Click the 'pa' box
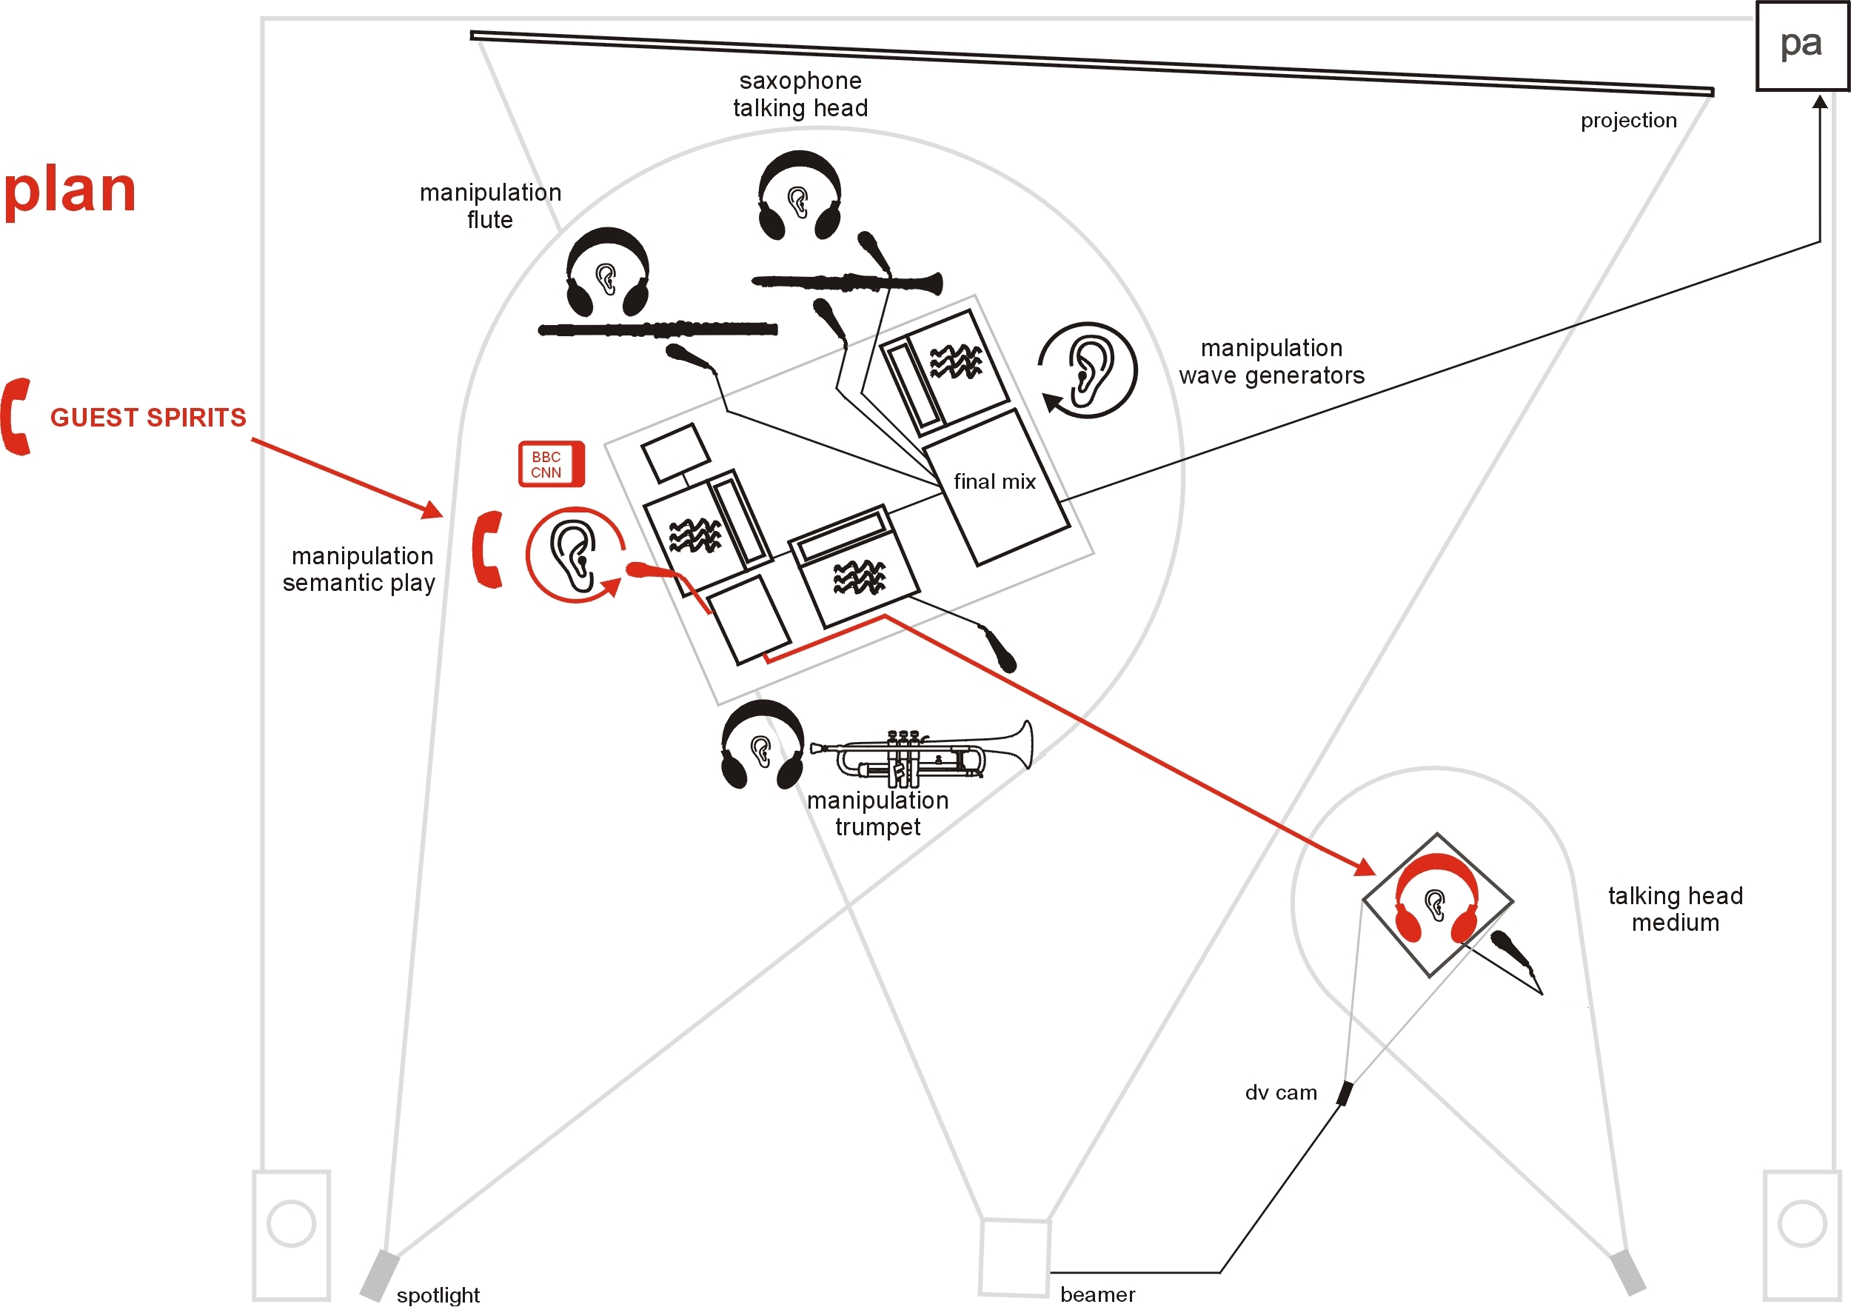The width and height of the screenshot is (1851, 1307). point(1802,45)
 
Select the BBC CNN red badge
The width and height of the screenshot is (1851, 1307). point(551,464)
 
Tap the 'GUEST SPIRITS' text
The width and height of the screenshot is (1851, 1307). point(148,418)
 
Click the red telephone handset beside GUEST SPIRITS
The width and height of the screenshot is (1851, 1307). point(16,417)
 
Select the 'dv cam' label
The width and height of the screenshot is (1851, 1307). point(1281,1093)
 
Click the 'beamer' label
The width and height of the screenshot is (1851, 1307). point(1097,1295)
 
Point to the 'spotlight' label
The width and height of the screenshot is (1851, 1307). point(438,1295)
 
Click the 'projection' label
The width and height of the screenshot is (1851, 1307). point(1628,121)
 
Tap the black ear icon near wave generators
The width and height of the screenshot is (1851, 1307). point(1088,370)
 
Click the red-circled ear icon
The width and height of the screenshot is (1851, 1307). point(574,554)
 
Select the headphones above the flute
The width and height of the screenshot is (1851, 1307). point(608,272)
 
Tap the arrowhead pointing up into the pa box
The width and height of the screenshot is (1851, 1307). point(1821,102)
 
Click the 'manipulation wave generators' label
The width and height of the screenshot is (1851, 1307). point(1271,362)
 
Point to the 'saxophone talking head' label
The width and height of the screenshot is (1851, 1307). point(800,94)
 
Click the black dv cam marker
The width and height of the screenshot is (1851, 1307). point(1344,1094)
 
